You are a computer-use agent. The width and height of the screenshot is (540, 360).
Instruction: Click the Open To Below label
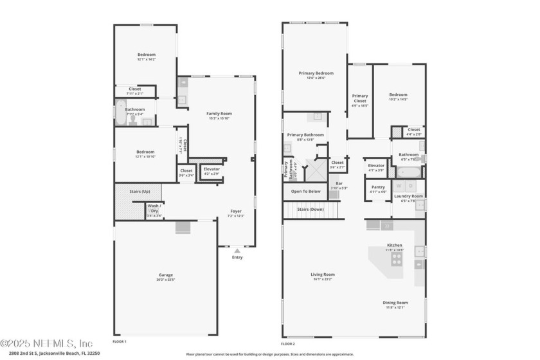[305, 191]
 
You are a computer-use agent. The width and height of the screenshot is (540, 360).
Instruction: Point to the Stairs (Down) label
[310, 209]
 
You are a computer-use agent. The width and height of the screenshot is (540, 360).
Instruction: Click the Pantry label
[377, 188]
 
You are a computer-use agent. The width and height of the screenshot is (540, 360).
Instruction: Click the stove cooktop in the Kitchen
[397, 260]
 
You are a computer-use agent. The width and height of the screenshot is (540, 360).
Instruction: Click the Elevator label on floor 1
[212, 170]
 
